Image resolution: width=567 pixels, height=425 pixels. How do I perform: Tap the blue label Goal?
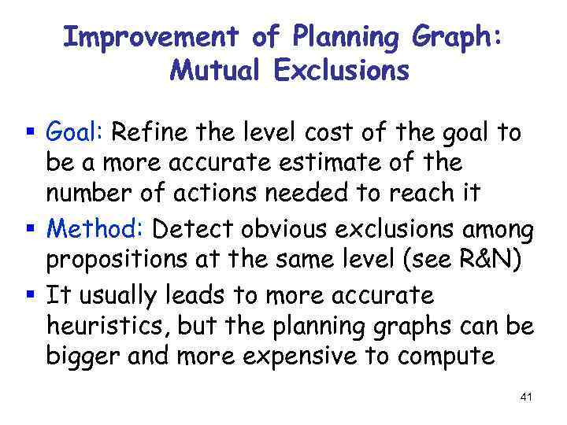point(76,133)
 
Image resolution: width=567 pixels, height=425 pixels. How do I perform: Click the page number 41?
point(526,397)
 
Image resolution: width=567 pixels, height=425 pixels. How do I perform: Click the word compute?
point(447,357)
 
